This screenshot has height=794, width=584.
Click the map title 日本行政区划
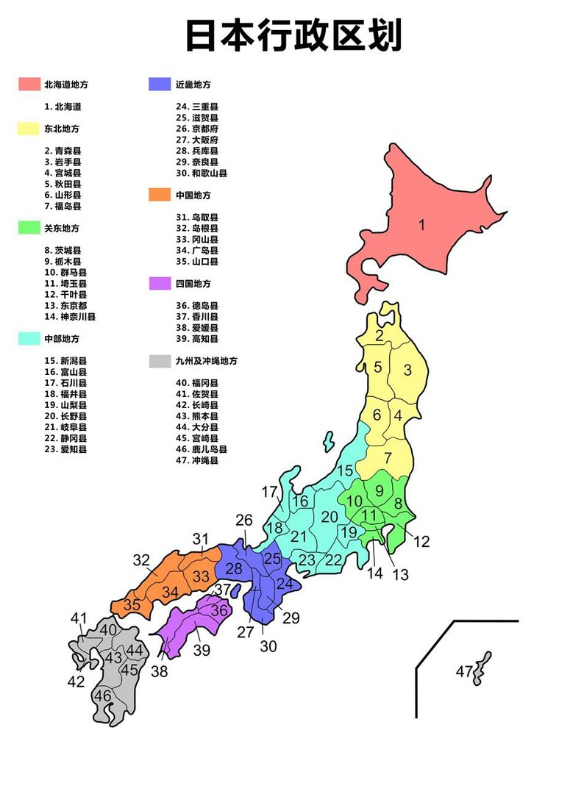293,36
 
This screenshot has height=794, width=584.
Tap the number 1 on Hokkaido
422,225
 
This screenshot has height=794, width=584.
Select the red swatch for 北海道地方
29,85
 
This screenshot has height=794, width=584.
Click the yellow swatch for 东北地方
29,129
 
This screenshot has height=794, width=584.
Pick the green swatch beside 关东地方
29,229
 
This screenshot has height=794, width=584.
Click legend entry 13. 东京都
65,306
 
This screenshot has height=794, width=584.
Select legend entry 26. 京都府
196,129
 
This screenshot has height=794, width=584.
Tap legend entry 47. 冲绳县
196,460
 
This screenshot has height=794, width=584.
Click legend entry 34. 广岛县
196,251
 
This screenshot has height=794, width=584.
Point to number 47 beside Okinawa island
463,671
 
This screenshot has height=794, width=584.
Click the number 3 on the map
407,370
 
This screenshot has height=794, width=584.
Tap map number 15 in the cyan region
345,470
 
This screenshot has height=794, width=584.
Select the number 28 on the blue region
234,568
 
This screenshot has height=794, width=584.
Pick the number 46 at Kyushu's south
102,695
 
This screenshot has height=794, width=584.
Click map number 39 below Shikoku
202,650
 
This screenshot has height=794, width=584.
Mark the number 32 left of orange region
141,560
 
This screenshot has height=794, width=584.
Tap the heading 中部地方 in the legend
60,339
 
